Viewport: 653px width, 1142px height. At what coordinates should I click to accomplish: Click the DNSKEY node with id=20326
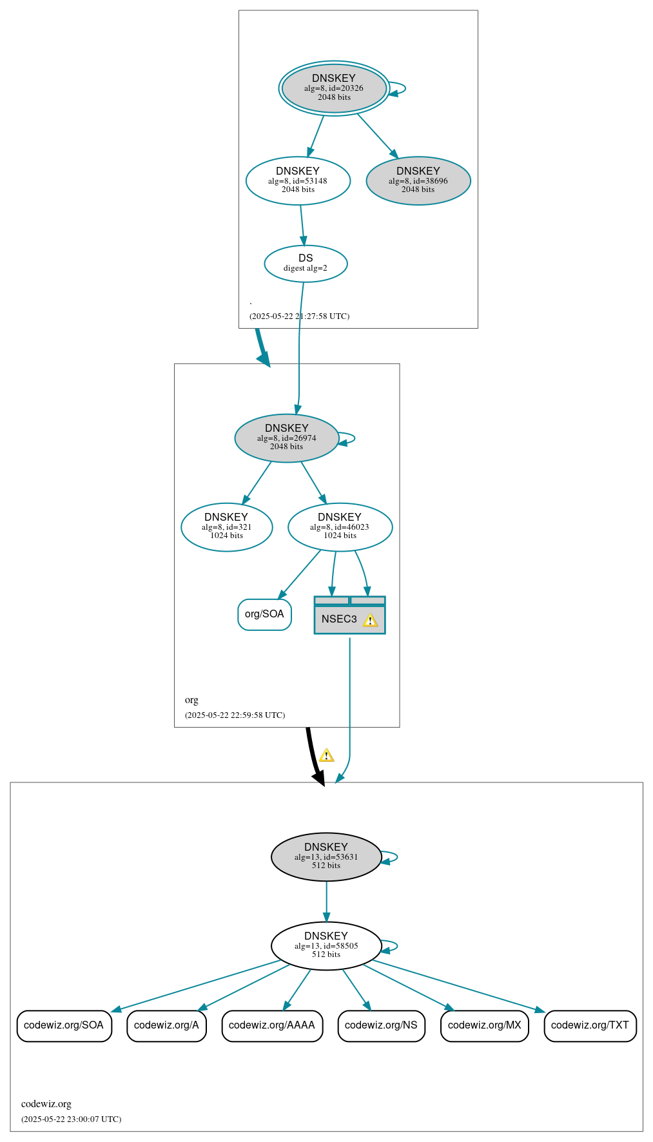click(334, 88)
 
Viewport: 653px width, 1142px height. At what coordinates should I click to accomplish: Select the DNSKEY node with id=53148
click(298, 180)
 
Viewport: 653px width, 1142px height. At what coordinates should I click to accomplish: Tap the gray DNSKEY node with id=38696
click(418, 180)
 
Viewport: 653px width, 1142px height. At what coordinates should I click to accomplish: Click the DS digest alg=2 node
click(306, 263)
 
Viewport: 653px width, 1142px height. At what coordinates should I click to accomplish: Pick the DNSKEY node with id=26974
click(287, 438)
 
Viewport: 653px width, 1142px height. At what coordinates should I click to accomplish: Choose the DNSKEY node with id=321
click(227, 527)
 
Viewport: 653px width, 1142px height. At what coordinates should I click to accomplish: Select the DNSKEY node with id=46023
click(340, 527)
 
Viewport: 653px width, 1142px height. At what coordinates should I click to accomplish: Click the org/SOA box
click(264, 614)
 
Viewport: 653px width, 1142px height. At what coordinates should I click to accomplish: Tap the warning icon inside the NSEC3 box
click(370, 620)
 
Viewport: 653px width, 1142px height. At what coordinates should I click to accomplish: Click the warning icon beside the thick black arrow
click(327, 755)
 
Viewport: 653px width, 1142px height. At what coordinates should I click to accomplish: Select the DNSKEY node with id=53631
click(326, 856)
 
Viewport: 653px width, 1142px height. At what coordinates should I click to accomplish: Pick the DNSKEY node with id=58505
click(326, 945)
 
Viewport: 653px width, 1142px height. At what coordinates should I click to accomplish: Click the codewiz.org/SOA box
click(64, 1025)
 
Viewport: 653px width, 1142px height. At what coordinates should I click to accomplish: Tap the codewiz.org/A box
click(166, 1025)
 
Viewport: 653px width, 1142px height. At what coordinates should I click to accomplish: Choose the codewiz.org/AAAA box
click(272, 1025)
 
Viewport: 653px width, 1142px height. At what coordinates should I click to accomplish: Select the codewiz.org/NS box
click(381, 1025)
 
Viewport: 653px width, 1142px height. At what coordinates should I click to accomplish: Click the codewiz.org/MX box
click(484, 1025)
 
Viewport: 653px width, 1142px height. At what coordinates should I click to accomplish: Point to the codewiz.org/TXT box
click(590, 1025)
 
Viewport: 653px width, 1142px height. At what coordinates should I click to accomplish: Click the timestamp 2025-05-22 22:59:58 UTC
click(235, 715)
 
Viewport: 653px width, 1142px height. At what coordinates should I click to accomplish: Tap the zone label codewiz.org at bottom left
click(46, 1104)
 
